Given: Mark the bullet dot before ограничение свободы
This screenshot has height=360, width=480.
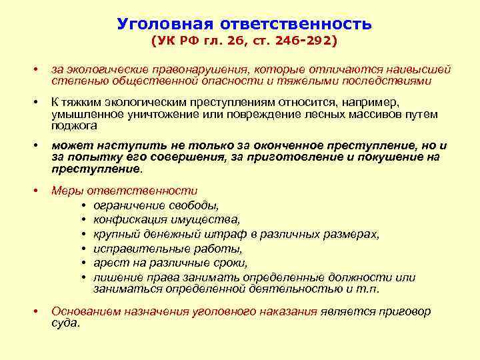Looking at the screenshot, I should pyautogui.click(x=85, y=205).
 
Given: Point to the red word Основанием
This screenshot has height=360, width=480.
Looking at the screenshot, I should pyautogui.click(x=85, y=311).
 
